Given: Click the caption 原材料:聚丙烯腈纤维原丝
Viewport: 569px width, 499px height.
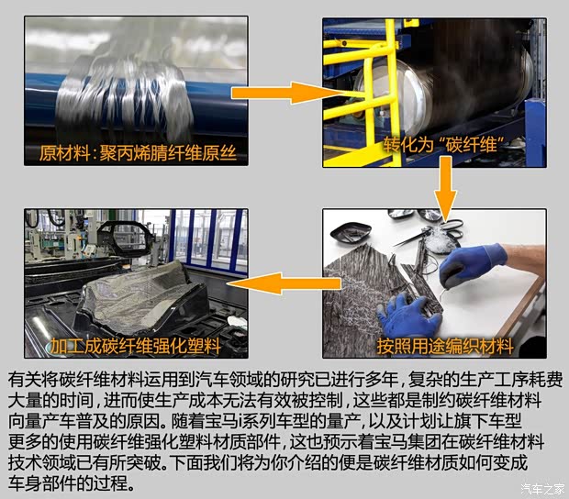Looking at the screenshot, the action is coord(138,152).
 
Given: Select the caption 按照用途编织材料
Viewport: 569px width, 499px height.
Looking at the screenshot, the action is coord(445,347).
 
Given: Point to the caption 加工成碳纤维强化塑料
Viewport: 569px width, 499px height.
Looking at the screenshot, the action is coord(135,346).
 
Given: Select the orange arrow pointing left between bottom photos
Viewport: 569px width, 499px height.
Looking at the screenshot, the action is coord(283,283).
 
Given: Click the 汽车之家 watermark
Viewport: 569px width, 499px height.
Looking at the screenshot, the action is coord(542,488).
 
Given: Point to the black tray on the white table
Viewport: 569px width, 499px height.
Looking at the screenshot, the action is coord(351,232).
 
